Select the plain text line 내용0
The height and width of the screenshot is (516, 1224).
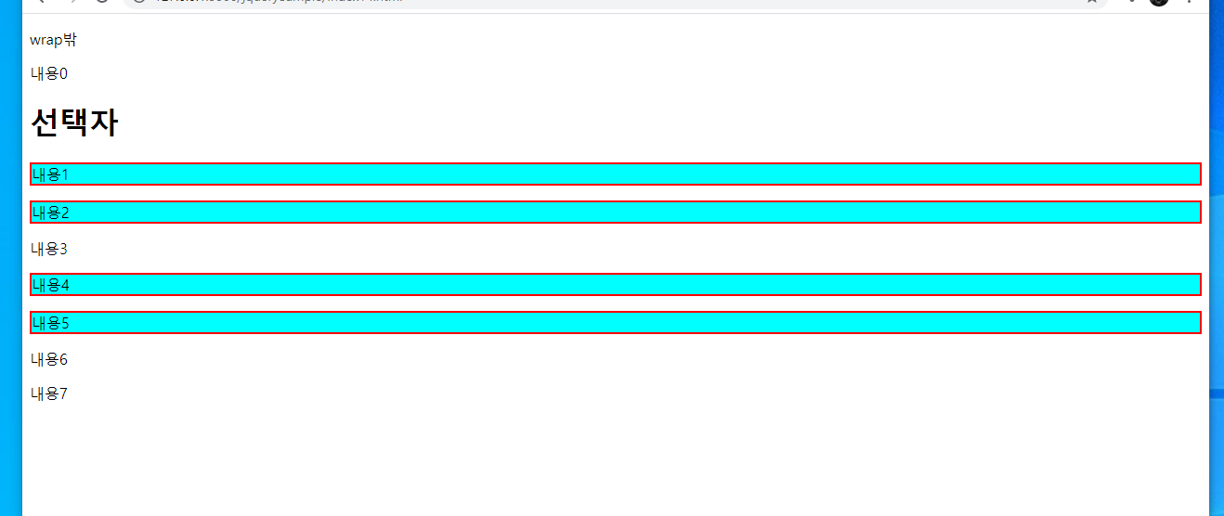pos(49,74)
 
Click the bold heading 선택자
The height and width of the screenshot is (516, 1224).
pos(74,123)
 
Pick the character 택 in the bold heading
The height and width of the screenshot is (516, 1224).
pos(74,123)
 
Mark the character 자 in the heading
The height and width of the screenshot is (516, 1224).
pos(104,123)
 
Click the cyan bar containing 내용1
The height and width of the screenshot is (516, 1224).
pos(615,174)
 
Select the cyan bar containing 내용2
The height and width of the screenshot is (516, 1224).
pos(615,213)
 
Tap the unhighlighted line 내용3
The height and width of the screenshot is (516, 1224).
pos(49,249)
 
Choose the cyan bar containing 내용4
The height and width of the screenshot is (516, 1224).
pos(615,285)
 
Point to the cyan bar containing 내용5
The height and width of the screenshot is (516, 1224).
pos(615,323)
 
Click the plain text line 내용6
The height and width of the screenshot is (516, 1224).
pos(49,359)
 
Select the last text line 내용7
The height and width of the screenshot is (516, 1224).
pos(49,393)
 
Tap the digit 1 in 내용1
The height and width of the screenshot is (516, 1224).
pos(65,174)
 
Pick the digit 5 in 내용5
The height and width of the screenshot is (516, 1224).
pos(65,323)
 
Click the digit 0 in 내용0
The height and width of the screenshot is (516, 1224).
pos(63,74)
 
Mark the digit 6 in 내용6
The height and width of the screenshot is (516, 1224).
pos(63,359)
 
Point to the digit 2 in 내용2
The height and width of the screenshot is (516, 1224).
pos(65,213)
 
